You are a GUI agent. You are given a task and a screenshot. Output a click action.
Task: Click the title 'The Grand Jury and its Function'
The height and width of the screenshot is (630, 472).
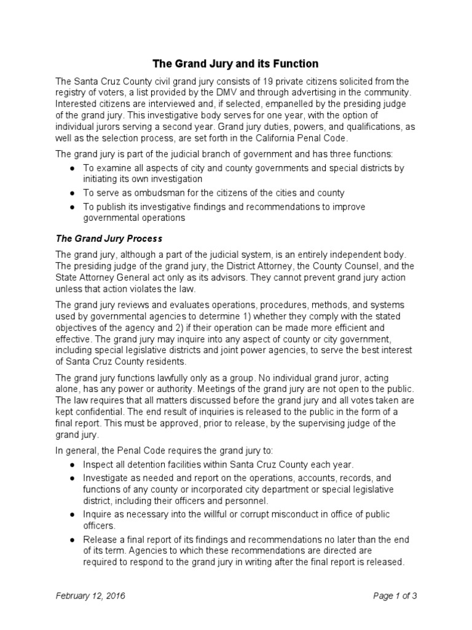tap(235, 63)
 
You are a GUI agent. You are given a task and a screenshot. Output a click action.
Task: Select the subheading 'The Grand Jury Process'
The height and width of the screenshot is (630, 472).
tap(109, 238)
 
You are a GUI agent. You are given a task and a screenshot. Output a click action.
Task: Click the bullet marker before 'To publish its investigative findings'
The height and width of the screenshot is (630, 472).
tap(73, 207)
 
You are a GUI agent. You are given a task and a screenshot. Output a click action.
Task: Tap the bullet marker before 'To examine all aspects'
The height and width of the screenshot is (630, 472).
tap(73, 168)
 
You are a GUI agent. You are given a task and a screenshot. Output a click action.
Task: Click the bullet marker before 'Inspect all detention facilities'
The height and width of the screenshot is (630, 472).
tap(73, 464)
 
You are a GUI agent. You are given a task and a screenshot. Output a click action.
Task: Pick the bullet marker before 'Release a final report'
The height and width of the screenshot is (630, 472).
tap(73, 540)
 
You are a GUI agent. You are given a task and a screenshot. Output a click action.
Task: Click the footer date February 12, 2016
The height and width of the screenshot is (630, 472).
tap(93, 596)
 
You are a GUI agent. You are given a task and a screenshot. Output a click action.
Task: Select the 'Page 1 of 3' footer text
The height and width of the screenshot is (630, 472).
tap(396, 596)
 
